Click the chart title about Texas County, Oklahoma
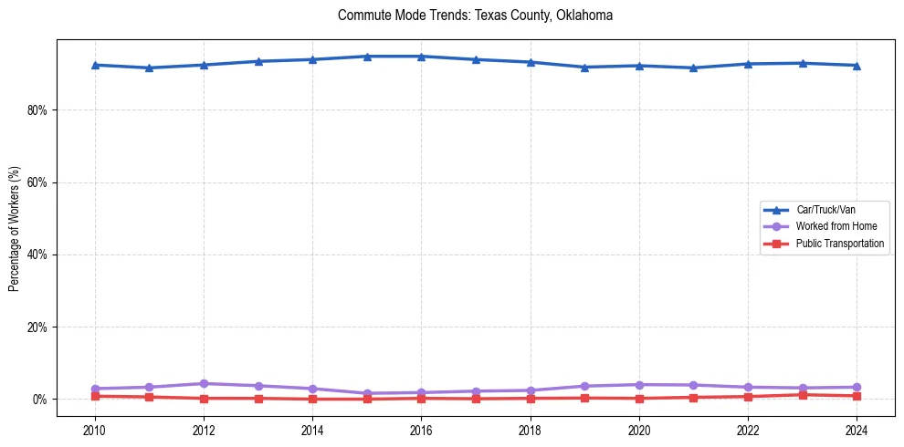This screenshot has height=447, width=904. [x=475, y=16]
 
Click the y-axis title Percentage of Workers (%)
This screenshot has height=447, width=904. [x=14, y=228]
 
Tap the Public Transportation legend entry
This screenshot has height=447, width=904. [x=839, y=244]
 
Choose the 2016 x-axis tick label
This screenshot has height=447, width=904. [x=421, y=429]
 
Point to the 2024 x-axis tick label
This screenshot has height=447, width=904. [x=857, y=429]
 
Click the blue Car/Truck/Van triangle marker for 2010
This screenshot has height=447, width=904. [x=95, y=65]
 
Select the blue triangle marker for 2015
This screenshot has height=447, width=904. [x=367, y=57]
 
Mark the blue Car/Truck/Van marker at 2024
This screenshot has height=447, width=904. [x=857, y=66]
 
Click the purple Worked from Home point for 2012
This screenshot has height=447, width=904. [x=204, y=383]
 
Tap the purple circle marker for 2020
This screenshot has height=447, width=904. [x=639, y=385]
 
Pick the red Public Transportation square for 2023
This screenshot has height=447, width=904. [x=803, y=395]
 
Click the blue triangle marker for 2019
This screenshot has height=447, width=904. [x=584, y=67]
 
